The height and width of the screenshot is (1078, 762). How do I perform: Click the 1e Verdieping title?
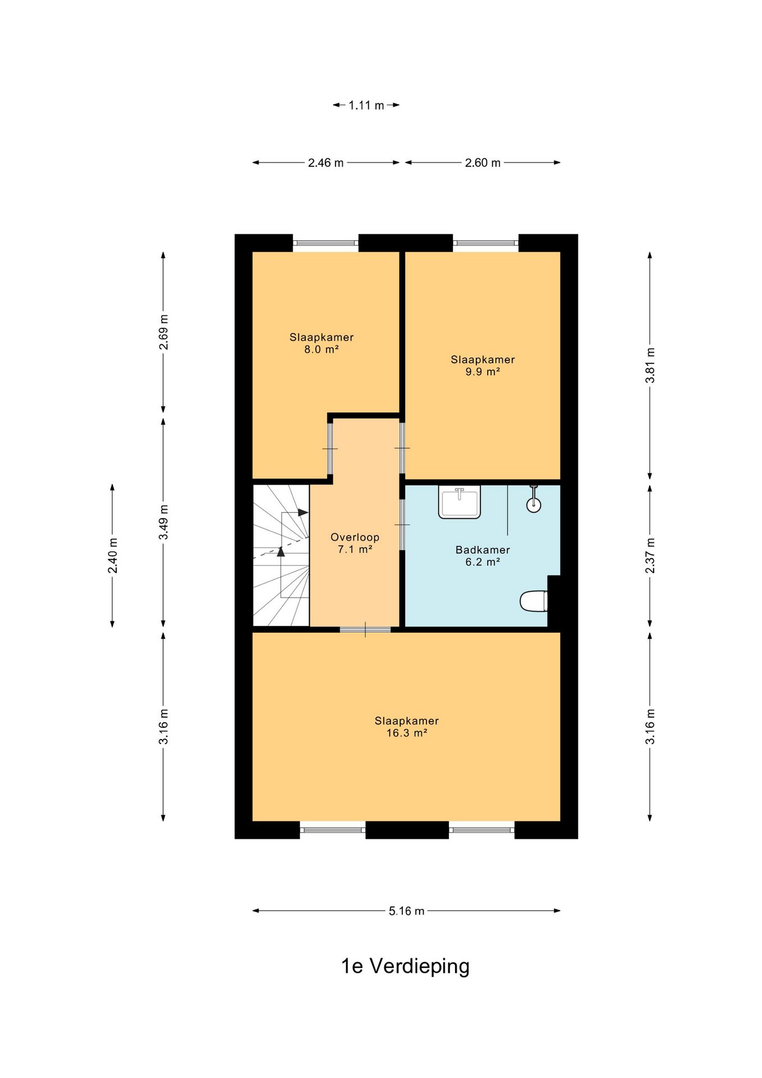[405, 966]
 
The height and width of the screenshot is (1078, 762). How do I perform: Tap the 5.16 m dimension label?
[406, 911]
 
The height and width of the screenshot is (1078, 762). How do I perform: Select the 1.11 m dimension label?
[366, 105]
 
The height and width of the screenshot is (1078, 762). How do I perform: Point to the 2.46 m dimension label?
[325, 163]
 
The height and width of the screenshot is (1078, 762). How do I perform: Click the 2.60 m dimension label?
[483, 163]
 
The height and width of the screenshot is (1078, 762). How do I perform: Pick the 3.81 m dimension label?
[650, 365]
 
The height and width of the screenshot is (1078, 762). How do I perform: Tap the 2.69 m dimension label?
[163, 331]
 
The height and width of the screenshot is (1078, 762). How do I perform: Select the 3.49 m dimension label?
[163, 522]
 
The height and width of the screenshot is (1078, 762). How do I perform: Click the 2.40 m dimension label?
[112, 555]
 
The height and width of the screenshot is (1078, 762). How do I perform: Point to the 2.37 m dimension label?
[650, 555]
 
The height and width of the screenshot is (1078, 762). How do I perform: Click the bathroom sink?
[460, 502]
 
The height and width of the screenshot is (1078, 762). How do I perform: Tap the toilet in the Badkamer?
[534, 601]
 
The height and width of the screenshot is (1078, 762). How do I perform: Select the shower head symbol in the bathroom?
[534, 499]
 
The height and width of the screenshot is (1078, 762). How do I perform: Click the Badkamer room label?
[483, 550]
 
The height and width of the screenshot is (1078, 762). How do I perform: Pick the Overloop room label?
[355, 537]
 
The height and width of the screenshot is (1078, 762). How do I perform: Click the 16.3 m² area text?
[407, 733]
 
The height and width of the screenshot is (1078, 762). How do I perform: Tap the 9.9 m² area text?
[483, 372]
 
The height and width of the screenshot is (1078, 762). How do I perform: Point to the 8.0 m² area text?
[322, 349]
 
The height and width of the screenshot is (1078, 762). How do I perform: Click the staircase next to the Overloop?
[281, 555]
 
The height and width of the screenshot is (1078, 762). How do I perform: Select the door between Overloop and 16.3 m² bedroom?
[365, 629]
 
